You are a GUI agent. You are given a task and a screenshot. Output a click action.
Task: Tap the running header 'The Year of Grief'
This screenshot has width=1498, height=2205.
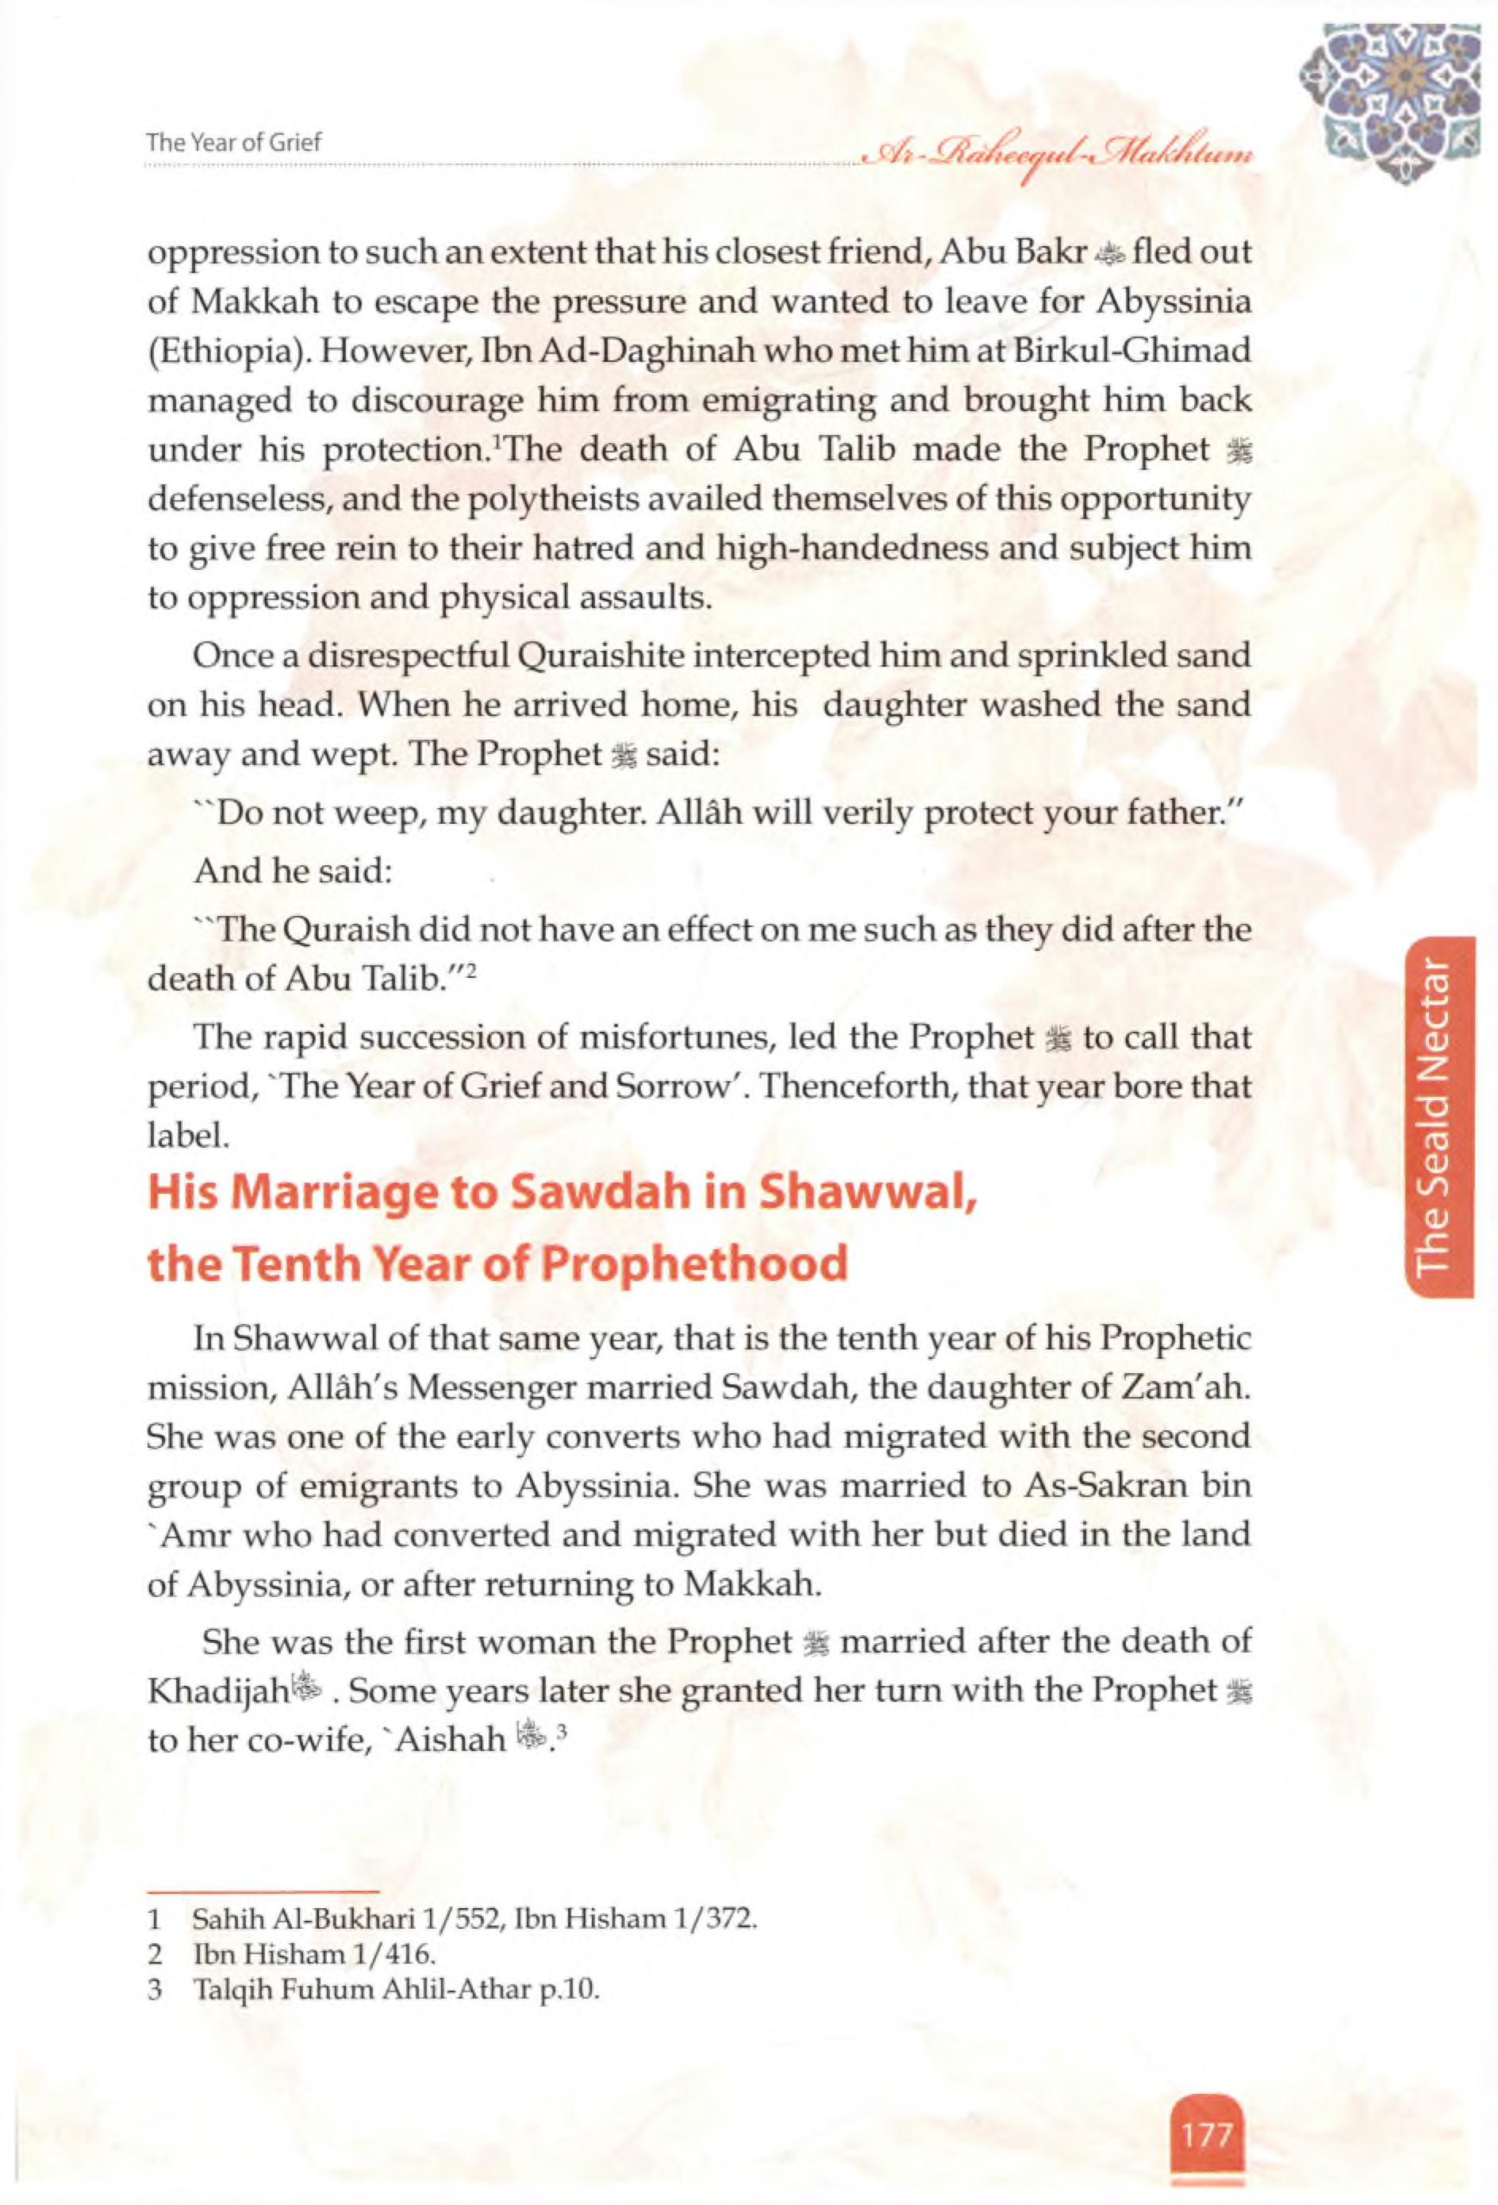click(234, 142)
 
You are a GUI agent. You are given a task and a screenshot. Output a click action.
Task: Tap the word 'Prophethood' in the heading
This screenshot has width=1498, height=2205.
click(697, 1264)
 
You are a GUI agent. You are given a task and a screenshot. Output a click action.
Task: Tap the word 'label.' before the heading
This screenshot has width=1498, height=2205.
click(188, 1136)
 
